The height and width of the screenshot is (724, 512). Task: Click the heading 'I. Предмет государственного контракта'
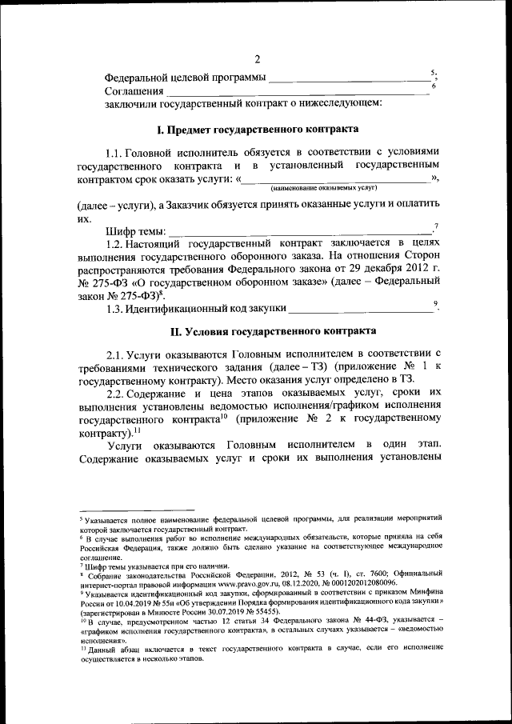(257, 130)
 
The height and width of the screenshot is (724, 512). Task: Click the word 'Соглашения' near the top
(132, 91)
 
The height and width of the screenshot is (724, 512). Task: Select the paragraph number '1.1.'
(118, 152)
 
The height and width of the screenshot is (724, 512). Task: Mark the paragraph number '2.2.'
(118, 393)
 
